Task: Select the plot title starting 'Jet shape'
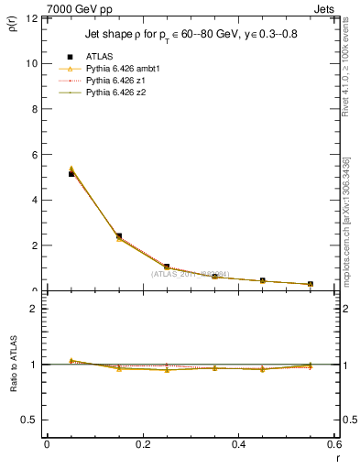(191, 35)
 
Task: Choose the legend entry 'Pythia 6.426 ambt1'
(122, 69)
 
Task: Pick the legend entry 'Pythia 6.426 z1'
(115, 81)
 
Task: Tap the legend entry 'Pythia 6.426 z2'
(115, 93)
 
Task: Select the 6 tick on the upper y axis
(33, 155)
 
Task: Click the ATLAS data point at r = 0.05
(71, 174)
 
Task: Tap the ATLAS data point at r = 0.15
(119, 236)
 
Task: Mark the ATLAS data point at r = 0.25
(167, 267)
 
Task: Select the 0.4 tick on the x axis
(238, 444)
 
